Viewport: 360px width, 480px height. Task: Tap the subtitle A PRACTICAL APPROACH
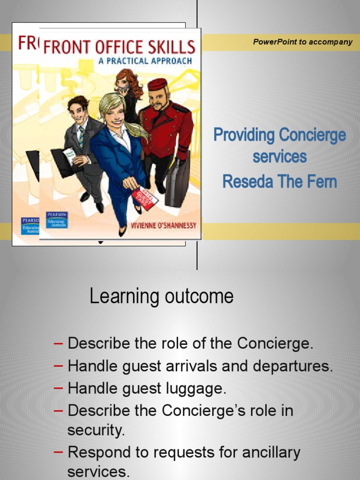(145, 61)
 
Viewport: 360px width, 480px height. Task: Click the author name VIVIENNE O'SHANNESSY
(164, 226)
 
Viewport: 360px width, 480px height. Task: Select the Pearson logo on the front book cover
(57, 220)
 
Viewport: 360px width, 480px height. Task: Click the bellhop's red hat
(157, 84)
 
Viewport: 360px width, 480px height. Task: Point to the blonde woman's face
(114, 114)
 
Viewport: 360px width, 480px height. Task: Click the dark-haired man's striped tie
(82, 137)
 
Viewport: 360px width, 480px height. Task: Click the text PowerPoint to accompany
(302, 42)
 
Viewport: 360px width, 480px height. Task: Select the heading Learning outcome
(161, 296)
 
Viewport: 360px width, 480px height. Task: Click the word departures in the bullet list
(295, 366)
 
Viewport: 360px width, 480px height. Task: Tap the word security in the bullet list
(96, 430)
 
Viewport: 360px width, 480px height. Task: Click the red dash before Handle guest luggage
(59, 389)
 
